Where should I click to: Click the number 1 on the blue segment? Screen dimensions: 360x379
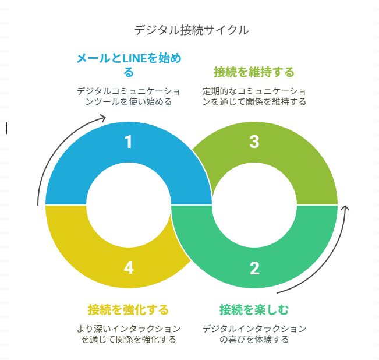click(129, 142)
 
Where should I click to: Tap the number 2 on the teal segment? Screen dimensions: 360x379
click(254, 268)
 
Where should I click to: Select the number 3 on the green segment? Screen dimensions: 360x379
click(254, 142)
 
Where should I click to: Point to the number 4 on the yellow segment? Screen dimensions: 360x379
click(129, 268)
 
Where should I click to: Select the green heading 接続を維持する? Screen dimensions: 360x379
click(254, 72)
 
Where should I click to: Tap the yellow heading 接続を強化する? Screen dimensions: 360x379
click(129, 309)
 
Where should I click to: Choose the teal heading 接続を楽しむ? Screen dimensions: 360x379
click(254, 309)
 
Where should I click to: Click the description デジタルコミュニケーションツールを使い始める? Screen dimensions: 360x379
click(129, 97)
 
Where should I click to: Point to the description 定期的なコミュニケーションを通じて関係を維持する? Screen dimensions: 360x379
click(254, 97)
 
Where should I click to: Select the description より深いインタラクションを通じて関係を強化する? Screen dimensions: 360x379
click(129, 334)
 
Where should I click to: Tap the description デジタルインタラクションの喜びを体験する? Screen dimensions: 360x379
click(254, 334)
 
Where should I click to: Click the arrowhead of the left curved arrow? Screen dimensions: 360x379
click(103, 118)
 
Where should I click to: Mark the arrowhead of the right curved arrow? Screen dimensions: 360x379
click(346, 207)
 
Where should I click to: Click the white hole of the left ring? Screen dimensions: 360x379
click(129, 204)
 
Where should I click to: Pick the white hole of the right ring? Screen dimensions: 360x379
click(254, 204)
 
